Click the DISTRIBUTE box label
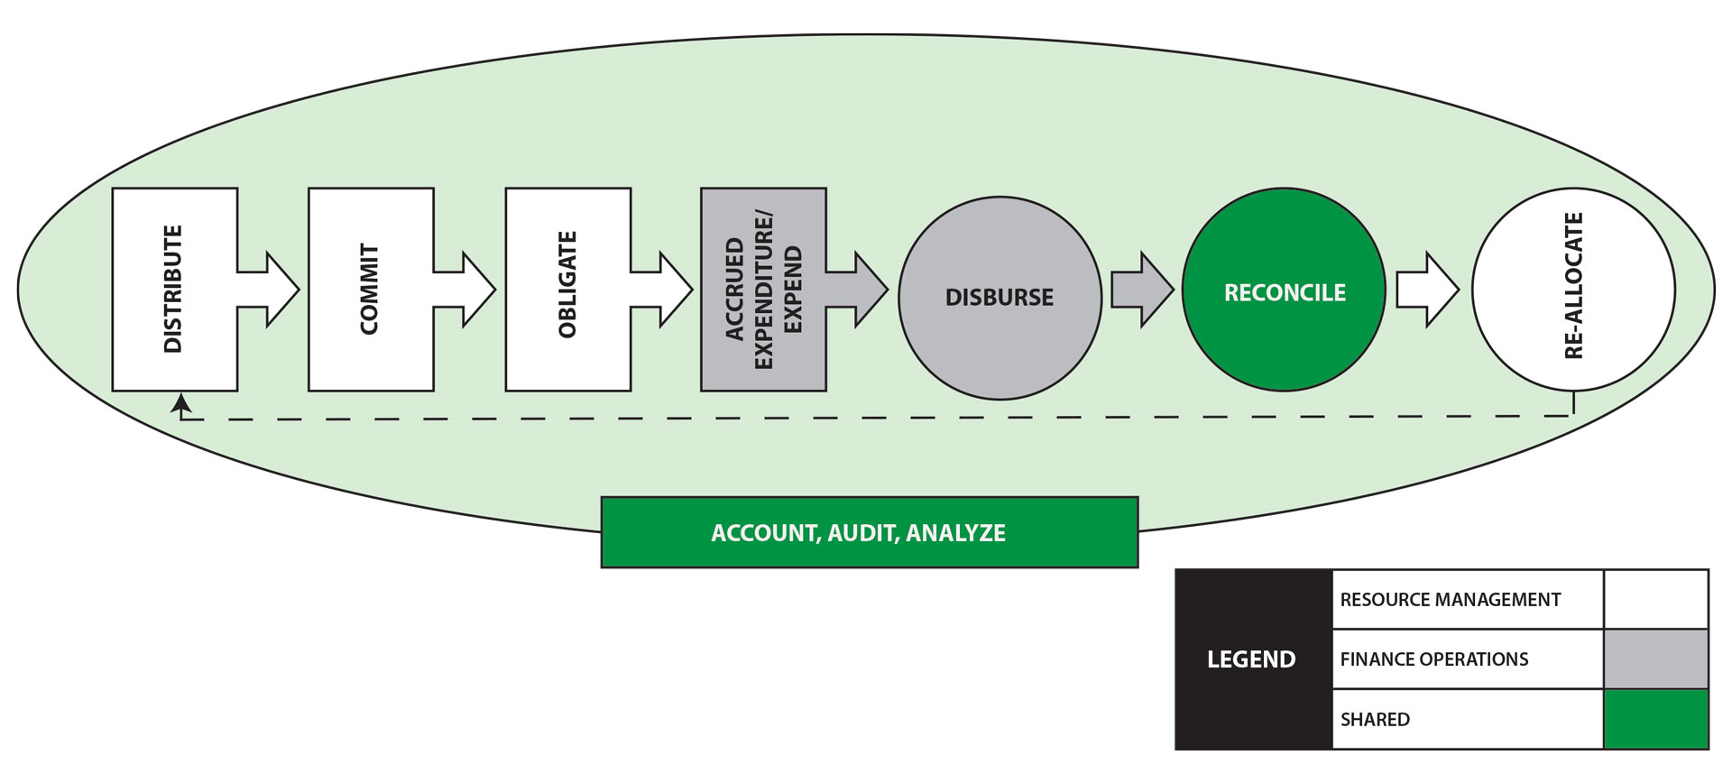click(x=173, y=290)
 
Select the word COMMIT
click(x=370, y=290)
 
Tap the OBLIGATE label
click(x=567, y=286)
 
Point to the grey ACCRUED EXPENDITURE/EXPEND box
click(x=763, y=290)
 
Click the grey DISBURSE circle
click(x=1000, y=298)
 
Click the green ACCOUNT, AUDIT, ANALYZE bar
click(x=870, y=532)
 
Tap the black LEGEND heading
click(x=1251, y=659)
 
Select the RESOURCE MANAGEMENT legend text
click(x=1450, y=600)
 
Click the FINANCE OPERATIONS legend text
click(x=1434, y=659)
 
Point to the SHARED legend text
click(x=1375, y=720)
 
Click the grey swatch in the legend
click(x=1656, y=659)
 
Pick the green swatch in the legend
click(x=1656, y=720)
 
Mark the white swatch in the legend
click(x=1656, y=599)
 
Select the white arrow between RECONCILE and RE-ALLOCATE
click(x=1427, y=290)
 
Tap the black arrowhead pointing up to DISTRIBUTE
click(x=181, y=403)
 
